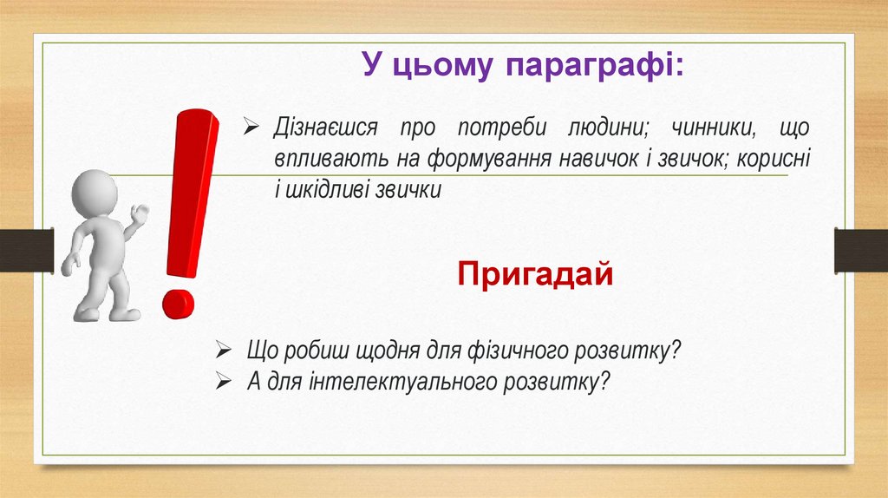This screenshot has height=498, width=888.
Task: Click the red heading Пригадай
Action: [x=535, y=275]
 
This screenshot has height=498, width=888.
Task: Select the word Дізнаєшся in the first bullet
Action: [x=326, y=128]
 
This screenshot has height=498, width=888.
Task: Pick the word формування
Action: [x=488, y=159]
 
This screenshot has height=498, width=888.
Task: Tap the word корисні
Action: [x=774, y=158]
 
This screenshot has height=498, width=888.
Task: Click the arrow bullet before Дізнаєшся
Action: [x=251, y=126]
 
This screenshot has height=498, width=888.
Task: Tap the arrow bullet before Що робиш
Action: [x=224, y=351]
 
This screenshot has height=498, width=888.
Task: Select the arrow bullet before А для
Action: [x=224, y=381]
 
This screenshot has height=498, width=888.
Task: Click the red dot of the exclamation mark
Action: [x=179, y=305]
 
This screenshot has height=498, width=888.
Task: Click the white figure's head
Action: [x=94, y=193]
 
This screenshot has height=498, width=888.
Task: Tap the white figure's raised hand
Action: [x=140, y=214]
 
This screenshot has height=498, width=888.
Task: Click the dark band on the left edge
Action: [x=27, y=251]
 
